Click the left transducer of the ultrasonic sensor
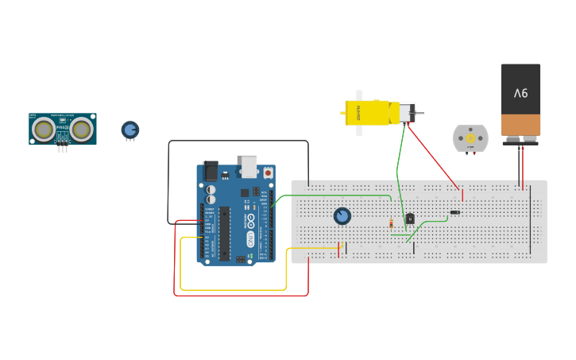[44, 128]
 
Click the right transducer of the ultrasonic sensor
[81, 128]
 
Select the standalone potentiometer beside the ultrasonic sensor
[130, 130]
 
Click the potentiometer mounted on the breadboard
[342, 216]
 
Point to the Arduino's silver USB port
[249, 165]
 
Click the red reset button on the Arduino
[268, 172]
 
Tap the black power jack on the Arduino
[211, 170]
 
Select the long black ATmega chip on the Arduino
[225, 233]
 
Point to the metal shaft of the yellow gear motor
[419, 113]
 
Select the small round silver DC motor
[470, 138]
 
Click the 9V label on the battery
[520, 94]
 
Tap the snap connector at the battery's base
[520, 141]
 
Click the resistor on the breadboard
[391, 223]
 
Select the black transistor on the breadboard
[410, 219]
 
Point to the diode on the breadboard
[455, 212]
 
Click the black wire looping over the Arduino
[238, 141]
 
